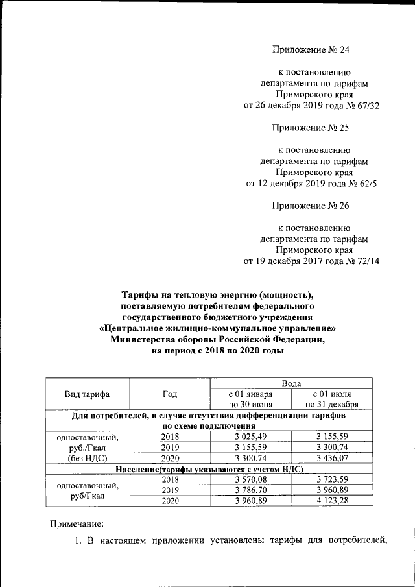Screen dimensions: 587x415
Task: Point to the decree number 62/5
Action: click(363, 184)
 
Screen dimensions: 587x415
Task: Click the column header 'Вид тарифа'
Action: click(87, 394)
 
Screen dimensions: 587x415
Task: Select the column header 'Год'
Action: click(170, 394)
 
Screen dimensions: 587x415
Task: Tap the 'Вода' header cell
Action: click(291, 384)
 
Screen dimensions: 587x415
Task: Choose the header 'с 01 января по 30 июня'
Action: click(251, 400)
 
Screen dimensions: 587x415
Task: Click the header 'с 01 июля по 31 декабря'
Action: click(331, 400)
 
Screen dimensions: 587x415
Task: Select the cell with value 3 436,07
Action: click(331, 458)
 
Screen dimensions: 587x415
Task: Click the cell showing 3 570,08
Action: click(251, 479)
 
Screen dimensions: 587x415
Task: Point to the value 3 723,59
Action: click(331, 479)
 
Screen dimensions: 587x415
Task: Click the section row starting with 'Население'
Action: click(209, 469)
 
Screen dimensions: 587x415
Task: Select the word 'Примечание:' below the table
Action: click(77, 523)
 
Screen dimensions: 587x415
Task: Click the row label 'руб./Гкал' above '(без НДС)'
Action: click(87, 447)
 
